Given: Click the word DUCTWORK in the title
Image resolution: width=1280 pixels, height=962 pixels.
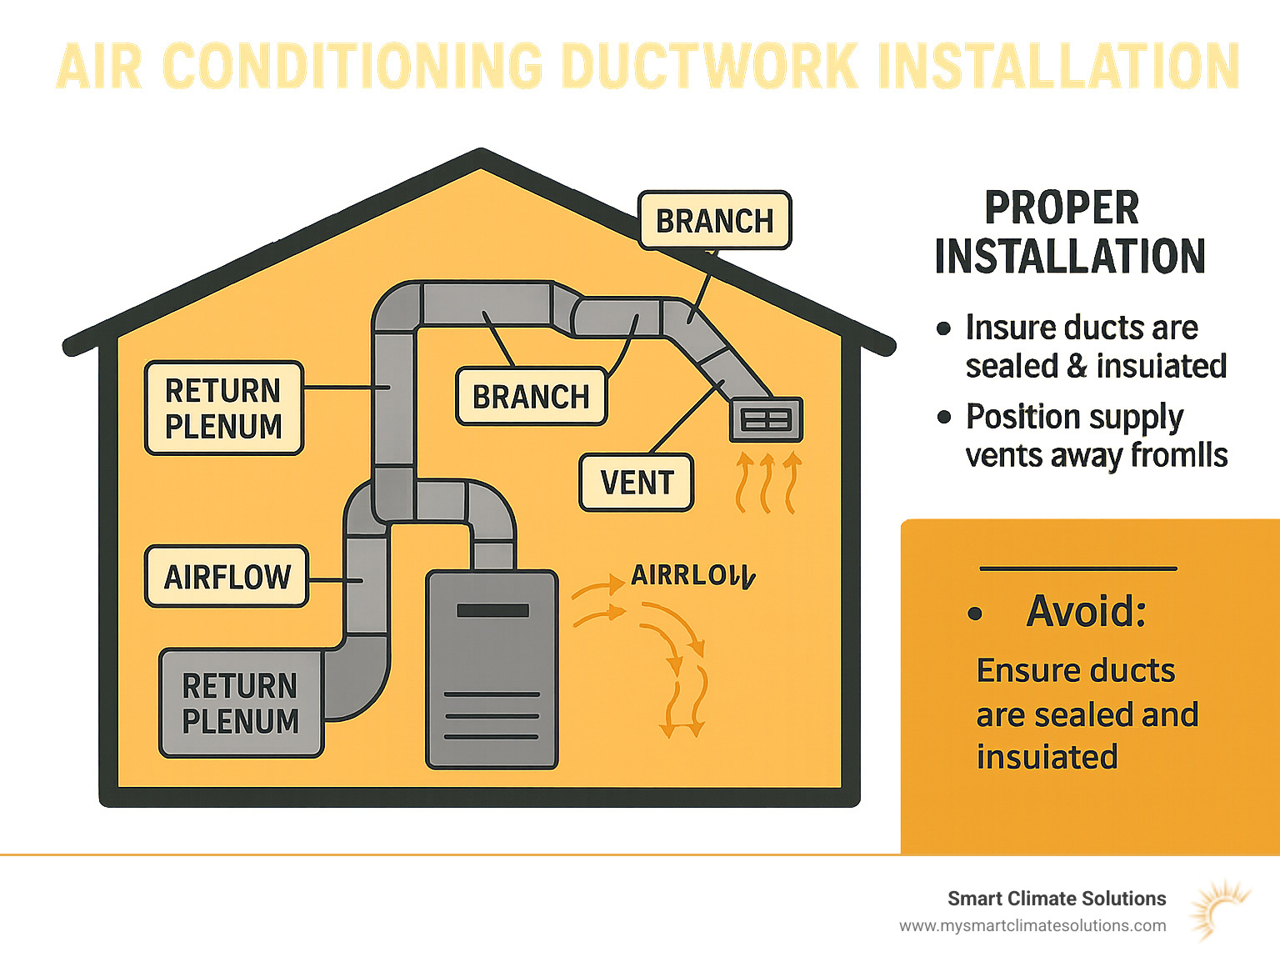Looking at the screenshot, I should (x=710, y=67).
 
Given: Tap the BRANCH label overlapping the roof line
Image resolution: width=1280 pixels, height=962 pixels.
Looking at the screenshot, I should (x=714, y=221).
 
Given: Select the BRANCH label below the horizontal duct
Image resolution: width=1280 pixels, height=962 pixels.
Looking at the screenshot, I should (x=531, y=397).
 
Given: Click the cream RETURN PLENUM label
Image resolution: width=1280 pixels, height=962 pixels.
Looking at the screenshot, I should (x=223, y=408).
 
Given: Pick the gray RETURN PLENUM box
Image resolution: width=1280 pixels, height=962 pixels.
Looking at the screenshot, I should (x=240, y=704).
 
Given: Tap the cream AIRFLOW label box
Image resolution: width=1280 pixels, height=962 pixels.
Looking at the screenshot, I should (x=227, y=577).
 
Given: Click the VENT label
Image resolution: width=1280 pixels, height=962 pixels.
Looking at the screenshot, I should (x=637, y=483).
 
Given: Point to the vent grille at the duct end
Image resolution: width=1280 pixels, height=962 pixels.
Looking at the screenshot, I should (x=766, y=419).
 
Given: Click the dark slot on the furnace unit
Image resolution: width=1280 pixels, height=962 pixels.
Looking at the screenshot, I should (x=492, y=611).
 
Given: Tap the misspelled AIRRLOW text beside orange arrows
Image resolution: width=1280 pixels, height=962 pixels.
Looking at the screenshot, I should (x=692, y=576).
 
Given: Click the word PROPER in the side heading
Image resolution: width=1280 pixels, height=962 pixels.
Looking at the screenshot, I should (x=1061, y=208).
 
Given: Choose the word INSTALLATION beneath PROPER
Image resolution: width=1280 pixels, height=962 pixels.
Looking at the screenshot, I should (x=1070, y=256).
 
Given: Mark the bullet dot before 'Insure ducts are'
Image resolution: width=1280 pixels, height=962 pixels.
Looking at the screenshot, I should (x=943, y=328).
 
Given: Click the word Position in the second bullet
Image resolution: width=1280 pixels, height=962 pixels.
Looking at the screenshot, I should (x=1013, y=417).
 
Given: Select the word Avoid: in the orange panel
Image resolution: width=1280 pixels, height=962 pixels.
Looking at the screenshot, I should (x=1087, y=611).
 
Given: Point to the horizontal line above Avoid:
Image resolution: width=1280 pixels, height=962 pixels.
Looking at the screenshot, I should (x=1078, y=569).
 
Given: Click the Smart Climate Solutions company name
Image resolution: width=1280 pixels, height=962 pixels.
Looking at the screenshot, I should (x=1057, y=899).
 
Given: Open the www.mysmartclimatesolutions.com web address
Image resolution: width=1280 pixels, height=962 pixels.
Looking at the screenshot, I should (x=1032, y=925).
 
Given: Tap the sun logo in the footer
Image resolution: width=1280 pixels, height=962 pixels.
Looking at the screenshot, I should (x=1218, y=910).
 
